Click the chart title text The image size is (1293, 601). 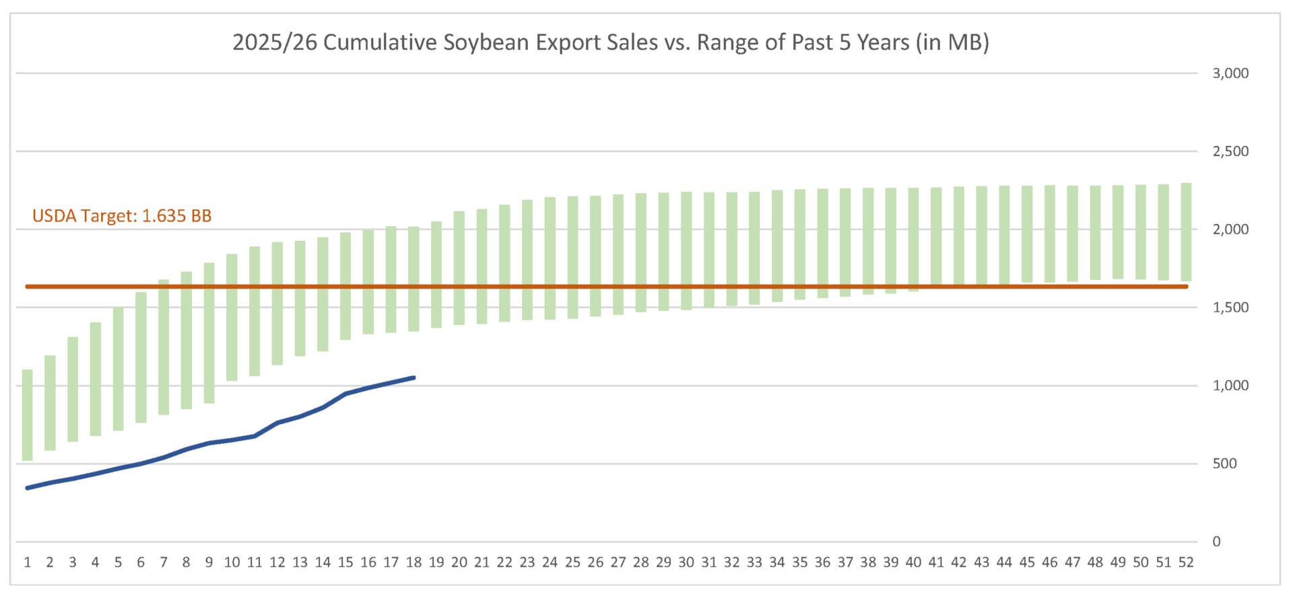[610, 42]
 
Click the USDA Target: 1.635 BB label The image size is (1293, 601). [122, 216]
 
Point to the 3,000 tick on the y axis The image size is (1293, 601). [1230, 73]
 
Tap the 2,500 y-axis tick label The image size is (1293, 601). [1230, 151]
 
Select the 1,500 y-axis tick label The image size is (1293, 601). [1230, 308]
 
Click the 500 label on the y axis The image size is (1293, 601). [1224, 464]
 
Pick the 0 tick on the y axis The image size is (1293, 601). [1216, 542]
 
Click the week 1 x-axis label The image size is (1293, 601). [28, 563]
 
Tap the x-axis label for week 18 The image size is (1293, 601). [413, 563]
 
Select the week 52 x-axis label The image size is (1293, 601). [1186, 563]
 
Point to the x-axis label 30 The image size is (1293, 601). [686, 563]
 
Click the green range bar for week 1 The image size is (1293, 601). [28, 415]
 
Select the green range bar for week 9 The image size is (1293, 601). [209, 333]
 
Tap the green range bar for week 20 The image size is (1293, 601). [459, 268]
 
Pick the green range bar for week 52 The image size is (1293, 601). [1186, 232]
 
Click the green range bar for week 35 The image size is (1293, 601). [800, 244]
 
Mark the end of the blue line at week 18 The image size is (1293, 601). [413, 378]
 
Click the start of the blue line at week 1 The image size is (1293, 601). [28, 488]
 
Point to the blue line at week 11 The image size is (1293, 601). [255, 436]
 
